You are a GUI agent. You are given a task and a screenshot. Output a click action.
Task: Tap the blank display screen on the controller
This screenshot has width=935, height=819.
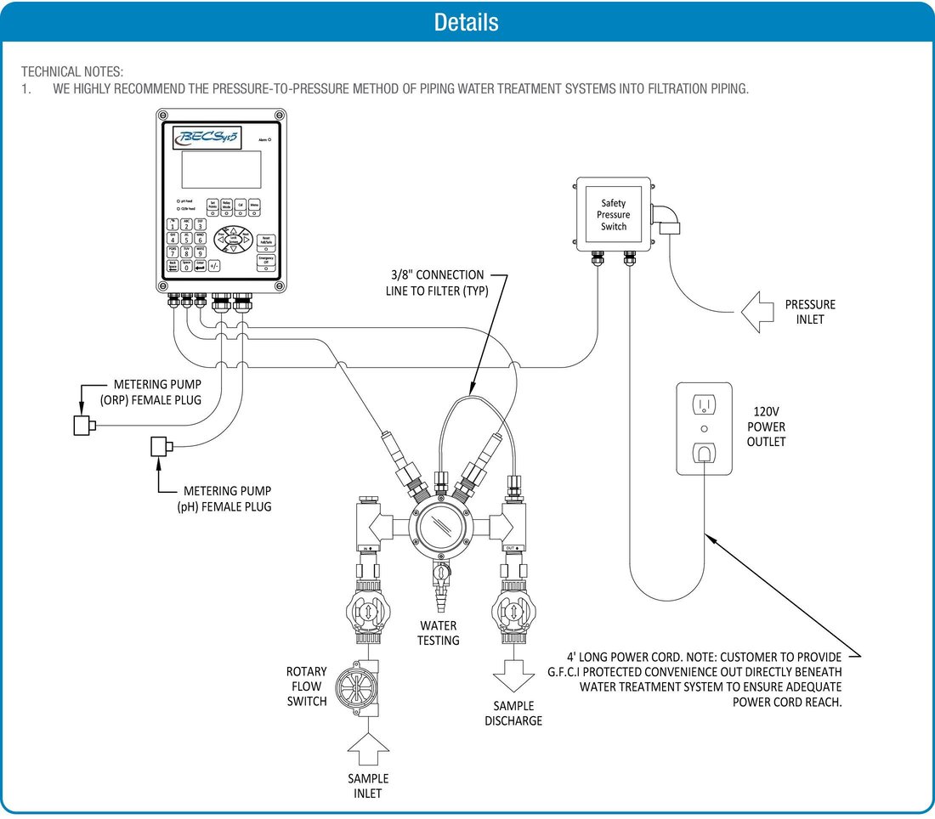coord(221,170)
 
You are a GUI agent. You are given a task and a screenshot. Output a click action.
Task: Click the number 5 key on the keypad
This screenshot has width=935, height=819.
coord(186,239)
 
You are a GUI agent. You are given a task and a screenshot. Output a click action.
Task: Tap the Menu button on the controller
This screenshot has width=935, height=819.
coord(254,206)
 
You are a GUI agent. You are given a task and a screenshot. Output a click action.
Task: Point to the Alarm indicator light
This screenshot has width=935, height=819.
coord(269,138)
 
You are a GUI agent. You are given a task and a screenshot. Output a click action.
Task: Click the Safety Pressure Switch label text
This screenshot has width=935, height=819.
coord(614,215)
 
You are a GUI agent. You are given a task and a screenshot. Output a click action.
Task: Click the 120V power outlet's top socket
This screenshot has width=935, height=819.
coord(703,403)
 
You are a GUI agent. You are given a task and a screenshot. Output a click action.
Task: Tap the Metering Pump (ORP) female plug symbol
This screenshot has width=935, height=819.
coord(82,426)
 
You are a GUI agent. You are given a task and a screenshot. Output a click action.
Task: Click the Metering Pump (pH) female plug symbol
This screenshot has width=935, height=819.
coord(160,447)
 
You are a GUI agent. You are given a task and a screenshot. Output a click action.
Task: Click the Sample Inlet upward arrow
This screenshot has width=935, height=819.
coord(368,747)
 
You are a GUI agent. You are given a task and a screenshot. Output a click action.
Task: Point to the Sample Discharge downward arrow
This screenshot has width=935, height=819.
coord(513,675)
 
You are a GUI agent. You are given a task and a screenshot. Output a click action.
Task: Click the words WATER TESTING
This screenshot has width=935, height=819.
coord(439,633)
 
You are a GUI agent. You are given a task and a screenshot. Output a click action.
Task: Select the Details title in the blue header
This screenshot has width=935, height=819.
coord(466,22)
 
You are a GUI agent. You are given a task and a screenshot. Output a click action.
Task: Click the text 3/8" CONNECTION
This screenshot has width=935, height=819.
coord(437,275)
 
